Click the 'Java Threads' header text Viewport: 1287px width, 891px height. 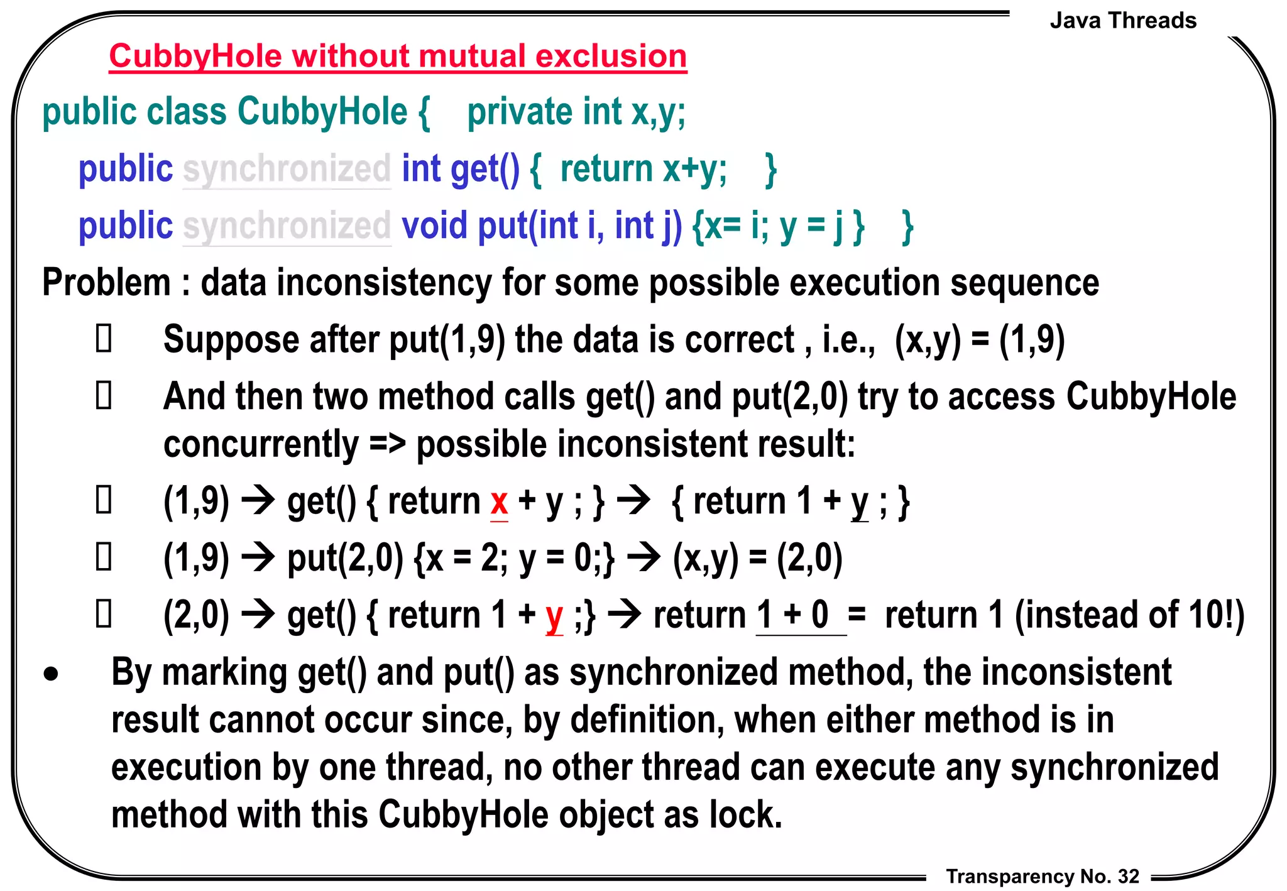click(x=1123, y=21)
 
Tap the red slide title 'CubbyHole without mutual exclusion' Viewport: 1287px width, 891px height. click(x=398, y=56)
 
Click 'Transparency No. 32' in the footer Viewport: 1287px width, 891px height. click(x=1043, y=876)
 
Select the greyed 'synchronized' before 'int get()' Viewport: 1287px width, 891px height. click(x=287, y=170)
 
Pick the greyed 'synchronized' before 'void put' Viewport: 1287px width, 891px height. click(x=287, y=226)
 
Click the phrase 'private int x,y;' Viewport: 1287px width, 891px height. click(x=576, y=112)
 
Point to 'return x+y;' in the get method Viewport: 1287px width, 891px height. click(x=643, y=170)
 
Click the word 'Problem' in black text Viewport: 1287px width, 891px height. click(x=106, y=283)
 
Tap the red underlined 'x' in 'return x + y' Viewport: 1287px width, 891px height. click(x=499, y=502)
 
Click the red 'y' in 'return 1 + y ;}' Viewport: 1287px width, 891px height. click(x=554, y=616)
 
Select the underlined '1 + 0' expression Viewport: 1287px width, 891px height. click(x=793, y=615)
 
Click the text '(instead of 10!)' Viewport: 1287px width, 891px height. click(x=1129, y=615)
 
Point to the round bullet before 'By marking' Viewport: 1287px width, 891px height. click(x=51, y=675)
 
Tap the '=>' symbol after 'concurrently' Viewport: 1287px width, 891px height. click(x=387, y=444)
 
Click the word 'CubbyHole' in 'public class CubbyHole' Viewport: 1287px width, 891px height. click(x=322, y=112)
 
